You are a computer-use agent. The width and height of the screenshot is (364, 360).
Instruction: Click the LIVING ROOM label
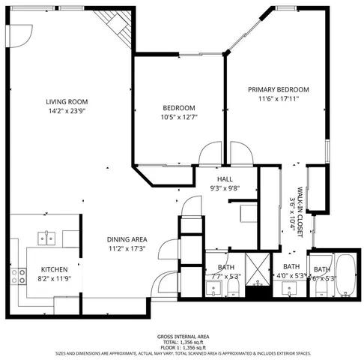click(67, 102)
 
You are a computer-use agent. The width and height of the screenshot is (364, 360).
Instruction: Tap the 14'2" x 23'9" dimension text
click(67, 111)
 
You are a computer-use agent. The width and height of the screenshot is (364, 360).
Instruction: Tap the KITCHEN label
click(55, 269)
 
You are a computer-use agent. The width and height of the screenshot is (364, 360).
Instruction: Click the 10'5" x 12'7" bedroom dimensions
click(178, 117)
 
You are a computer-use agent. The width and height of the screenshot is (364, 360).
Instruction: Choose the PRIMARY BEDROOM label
click(278, 89)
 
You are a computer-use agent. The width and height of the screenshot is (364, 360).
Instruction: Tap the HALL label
click(225, 180)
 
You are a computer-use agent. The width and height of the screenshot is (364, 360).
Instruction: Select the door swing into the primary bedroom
click(238, 152)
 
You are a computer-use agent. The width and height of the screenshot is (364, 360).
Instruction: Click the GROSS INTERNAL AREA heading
click(182, 337)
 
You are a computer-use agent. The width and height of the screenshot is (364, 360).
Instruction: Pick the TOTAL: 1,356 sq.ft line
click(182, 342)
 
